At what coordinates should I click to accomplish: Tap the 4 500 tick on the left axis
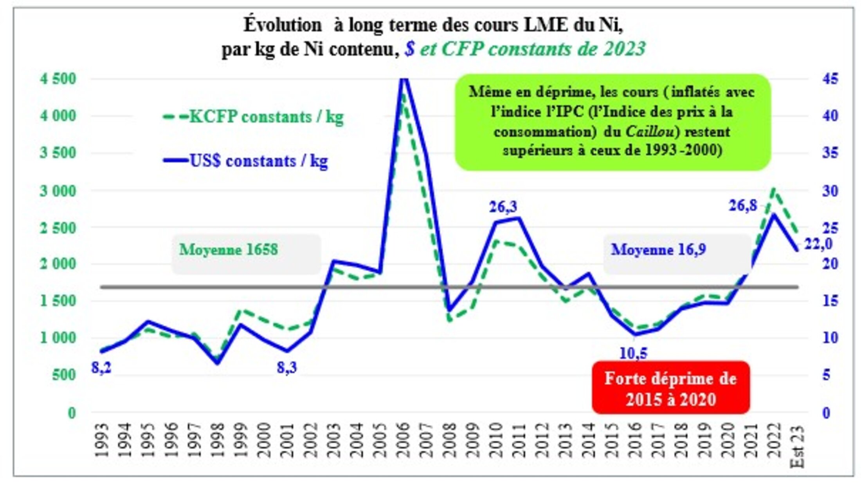click(58, 79)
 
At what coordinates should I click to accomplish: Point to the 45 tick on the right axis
click(830, 79)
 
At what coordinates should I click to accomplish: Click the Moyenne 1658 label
click(229, 250)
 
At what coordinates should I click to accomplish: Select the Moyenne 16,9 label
click(658, 250)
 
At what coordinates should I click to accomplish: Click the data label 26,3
click(503, 207)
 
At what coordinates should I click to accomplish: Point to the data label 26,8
click(743, 206)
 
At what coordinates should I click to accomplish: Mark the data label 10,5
click(633, 354)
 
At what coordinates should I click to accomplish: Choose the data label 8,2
click(101, 368)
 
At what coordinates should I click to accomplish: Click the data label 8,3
click(287, 367)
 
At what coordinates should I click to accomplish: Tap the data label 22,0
click(818, 244)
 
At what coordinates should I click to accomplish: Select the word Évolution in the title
click(283, 25)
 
